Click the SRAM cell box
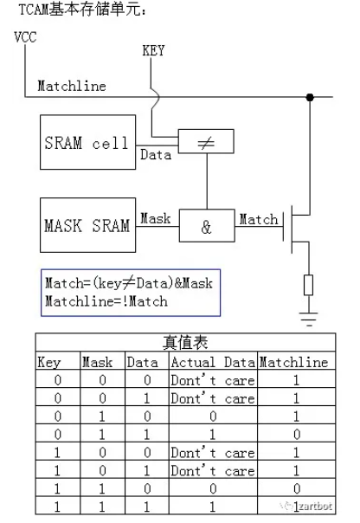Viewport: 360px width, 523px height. [x=87, y=143]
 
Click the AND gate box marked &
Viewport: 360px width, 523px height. [x=205, y=228]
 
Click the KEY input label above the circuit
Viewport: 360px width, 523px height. [x=152, y=51]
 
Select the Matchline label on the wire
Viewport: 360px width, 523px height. [x=72, y=86]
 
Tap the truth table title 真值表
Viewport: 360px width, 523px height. [x=183, y=344]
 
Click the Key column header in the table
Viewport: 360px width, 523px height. [x=48, y=363]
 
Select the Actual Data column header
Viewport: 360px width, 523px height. [x=213, y=363]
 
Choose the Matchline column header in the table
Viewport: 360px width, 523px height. [x=294, y=363]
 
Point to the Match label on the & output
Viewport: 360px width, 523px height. [x=258, y=219]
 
